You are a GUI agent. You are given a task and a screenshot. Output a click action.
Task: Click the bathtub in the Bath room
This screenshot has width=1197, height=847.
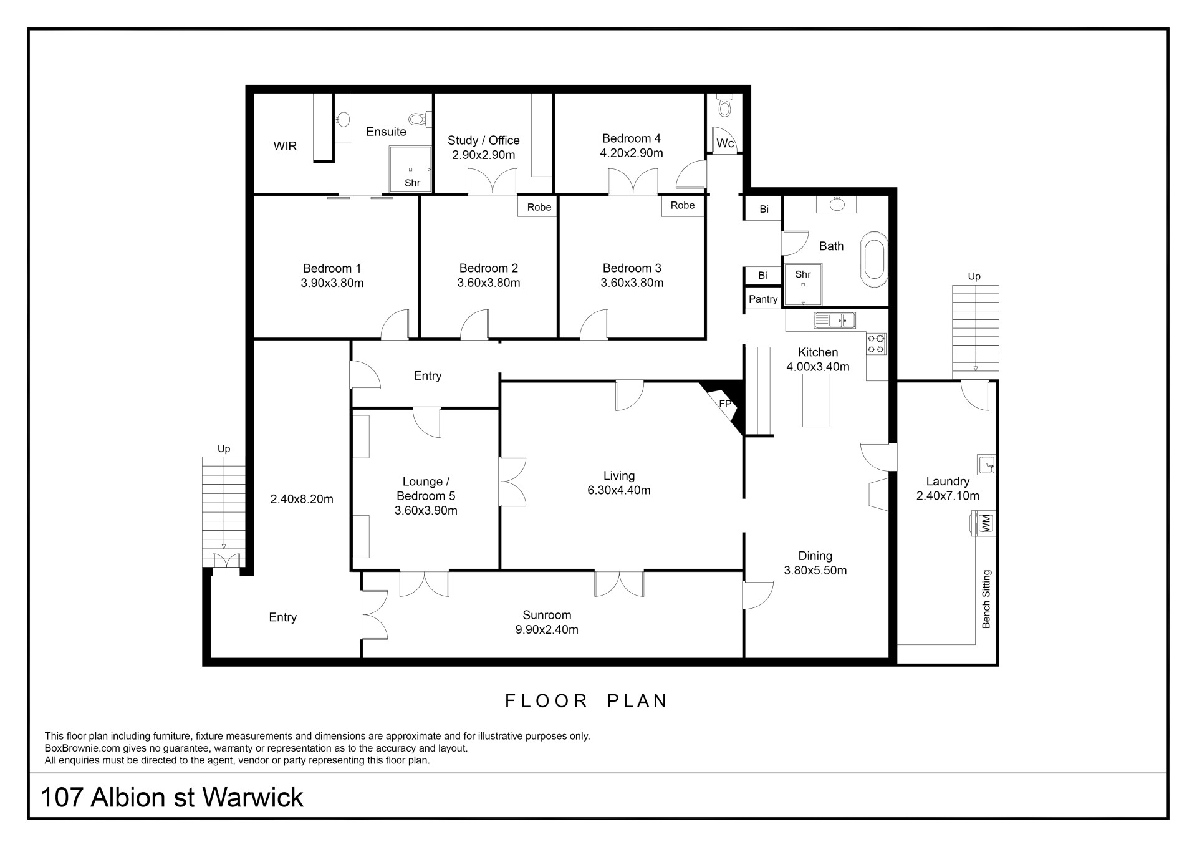(873, 259)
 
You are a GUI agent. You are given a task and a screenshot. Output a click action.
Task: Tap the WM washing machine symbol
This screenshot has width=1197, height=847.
(985, 523)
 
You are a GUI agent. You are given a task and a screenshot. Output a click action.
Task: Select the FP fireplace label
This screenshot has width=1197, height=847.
(725, 404)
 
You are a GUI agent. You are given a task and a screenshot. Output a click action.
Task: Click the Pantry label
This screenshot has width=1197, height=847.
(763, 299)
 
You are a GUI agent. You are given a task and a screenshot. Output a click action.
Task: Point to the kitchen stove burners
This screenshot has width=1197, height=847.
(876, 343)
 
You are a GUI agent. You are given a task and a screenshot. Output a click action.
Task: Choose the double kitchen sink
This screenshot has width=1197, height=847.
(835, 321)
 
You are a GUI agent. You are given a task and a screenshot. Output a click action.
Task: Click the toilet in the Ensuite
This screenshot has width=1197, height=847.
(419, 119)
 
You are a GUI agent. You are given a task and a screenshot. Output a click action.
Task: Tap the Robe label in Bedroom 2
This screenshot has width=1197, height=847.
(539, 207)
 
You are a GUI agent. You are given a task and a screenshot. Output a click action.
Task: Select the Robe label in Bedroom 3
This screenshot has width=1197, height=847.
(683, 205)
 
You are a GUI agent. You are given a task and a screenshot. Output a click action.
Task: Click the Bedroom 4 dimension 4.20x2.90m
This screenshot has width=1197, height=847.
(632, 153)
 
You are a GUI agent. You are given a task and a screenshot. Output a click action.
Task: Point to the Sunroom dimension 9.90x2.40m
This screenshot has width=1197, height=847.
(547, 629)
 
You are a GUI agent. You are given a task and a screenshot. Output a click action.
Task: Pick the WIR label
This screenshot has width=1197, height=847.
(285, 146)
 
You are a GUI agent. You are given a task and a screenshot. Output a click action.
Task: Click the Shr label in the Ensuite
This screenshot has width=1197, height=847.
(412, 183)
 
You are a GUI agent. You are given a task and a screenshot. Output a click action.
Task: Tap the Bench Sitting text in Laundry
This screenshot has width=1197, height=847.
(986, 599)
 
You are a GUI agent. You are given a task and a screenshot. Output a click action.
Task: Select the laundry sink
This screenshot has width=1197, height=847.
(986, 465)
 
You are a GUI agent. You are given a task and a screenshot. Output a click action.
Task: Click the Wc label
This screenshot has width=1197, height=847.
(725, 143)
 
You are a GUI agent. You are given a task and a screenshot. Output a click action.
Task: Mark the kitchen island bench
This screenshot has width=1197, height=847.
(815, 400)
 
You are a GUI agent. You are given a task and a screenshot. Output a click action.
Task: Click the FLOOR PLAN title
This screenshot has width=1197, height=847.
(586, 701)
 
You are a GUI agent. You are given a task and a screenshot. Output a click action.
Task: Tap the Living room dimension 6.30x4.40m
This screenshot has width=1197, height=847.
(619, 490)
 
